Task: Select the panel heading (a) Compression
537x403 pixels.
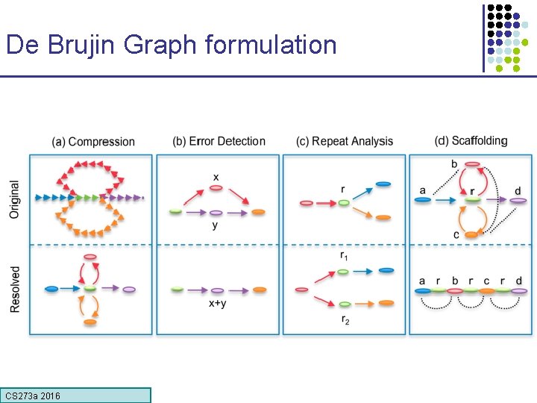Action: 93,142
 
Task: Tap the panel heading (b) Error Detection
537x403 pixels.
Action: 219,141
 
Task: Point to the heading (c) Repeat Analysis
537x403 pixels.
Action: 344,141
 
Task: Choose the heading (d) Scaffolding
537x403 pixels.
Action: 471,140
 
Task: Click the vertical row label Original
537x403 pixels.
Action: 15,199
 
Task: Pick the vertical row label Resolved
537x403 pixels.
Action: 15,290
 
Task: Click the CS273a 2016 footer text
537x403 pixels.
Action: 33,396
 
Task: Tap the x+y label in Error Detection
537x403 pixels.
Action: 216,303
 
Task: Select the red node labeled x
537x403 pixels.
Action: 216,188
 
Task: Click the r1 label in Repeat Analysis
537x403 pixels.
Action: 343,256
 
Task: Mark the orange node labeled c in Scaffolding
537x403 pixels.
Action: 471,234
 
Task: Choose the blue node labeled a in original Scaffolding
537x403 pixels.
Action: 423,200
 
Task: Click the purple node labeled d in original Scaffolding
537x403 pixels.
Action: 518,200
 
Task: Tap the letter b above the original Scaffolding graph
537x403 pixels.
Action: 454,164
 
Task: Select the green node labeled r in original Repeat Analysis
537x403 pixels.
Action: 343,202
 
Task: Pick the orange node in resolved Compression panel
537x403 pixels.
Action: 90,322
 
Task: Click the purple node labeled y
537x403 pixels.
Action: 216,213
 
